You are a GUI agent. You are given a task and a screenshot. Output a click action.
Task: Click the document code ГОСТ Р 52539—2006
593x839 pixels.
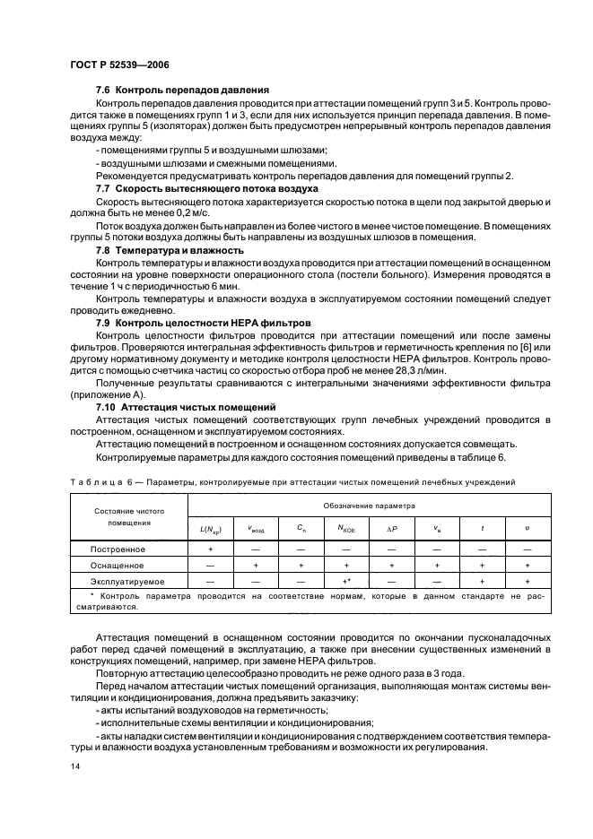pos(119,65)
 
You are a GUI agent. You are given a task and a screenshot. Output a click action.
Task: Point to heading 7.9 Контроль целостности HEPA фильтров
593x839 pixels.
pos(206,321)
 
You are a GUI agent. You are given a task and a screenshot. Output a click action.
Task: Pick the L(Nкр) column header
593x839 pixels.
pos(211,529)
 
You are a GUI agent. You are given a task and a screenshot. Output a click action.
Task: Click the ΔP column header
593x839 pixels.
pos(391,529)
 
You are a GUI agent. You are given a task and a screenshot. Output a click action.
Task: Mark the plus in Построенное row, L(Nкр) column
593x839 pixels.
pos(211,548)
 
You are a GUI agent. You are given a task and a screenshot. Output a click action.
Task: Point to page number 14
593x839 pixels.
pos(74,767)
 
